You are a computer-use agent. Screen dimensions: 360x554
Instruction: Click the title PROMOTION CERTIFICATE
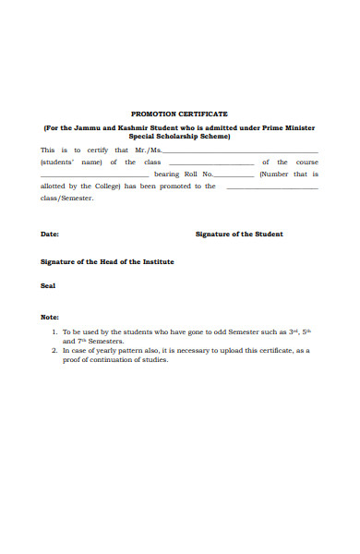pyautogui.click(x=179, y=113)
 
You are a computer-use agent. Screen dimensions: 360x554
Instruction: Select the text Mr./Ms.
pyautogui.click(x=148, y=150)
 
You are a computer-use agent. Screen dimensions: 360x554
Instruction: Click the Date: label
pyautogui.click(x=50, y=234)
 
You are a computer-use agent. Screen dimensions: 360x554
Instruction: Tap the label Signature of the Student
pyautogui.click(x=239, y=234)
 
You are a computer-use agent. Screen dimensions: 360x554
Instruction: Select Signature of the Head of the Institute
pyautogui.click(x=107, y=261)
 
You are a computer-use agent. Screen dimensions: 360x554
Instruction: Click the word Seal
pyautogui.click(x=48, y=285)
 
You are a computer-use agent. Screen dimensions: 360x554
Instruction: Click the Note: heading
pyautogui.click(x=50, y=317)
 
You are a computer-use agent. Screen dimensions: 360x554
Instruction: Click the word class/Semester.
pyautogui.click(x=66, y=198)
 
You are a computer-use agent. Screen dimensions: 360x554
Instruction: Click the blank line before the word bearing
pyautogui.click(x=94, y=175)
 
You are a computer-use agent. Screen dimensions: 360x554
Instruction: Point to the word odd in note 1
pyautogui.click(x=210, y=331)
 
